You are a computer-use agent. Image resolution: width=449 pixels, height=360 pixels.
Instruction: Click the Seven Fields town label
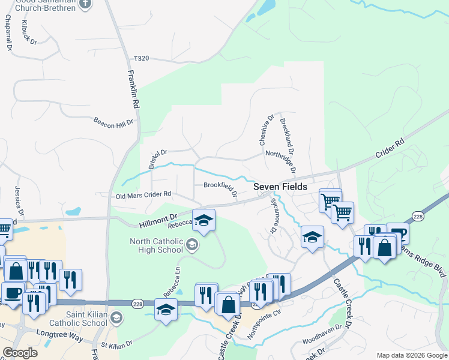click(x=280, y=187)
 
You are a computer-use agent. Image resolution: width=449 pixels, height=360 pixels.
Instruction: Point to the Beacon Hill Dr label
click(x=112, y=122)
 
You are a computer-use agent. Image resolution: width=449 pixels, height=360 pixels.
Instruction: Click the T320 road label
click(x=141, y=59)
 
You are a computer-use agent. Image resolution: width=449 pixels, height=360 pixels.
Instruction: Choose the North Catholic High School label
click(x=156, y=246)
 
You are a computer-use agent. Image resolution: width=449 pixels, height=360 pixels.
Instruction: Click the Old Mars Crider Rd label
click(x=143, y=194)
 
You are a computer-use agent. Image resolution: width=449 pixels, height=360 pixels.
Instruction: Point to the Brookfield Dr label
click(x=220, y=188)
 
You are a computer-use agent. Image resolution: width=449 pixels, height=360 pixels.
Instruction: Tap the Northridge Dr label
click(x=281, y=160)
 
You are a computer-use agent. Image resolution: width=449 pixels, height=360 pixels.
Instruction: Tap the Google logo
click(x=20, y=353)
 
